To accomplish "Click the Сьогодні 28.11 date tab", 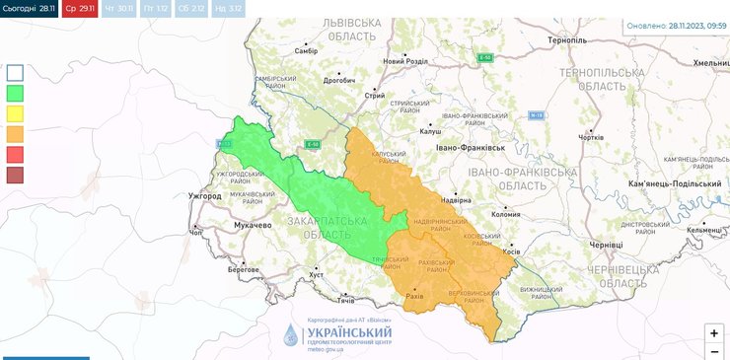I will pos(29,8).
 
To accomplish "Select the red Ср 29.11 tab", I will pos(79,8).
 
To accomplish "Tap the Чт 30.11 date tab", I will pos(117,8).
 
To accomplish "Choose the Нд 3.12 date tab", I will pos(229,8).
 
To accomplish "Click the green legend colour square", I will pos(15,93).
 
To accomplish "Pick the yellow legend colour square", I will pos(15,113).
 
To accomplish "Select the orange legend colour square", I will pos(15,134).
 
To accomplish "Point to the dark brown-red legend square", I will pos(15,176).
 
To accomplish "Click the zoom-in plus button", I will pos(713,332).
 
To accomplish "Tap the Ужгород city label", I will pos(205,196).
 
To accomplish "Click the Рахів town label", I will pos(414,295).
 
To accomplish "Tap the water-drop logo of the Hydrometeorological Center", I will pos(290,335).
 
